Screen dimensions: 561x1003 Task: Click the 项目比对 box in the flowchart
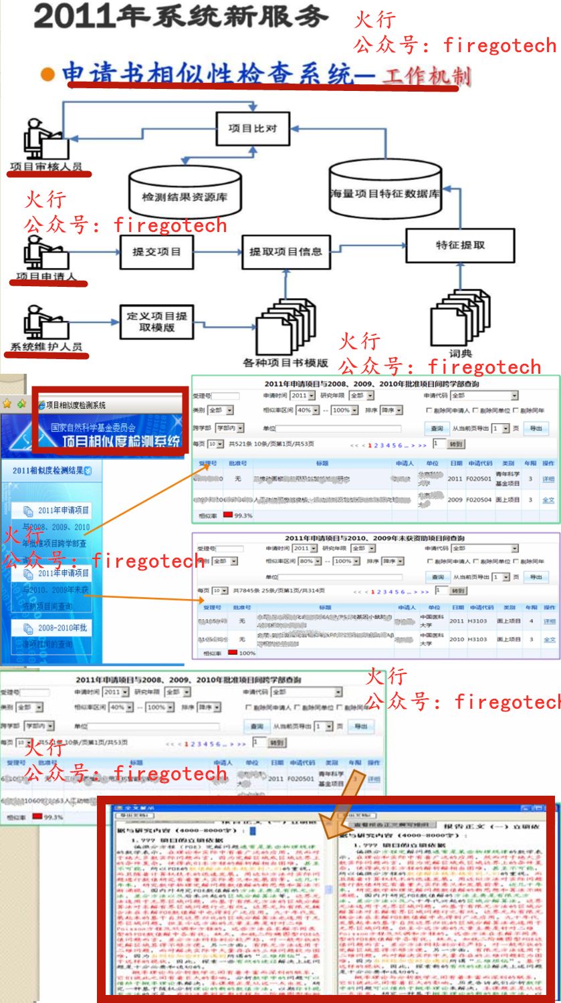click(253, 128)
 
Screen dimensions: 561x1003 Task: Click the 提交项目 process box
click(156, 251)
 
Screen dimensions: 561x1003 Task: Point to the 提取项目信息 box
click(286, 251)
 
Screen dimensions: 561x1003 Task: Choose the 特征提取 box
click(460, 245)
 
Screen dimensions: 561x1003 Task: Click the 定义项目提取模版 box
click(156, 322)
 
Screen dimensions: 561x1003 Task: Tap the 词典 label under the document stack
click(460, 354)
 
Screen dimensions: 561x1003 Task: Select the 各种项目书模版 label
click(286, 362)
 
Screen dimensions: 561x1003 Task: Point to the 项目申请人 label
click(46, 276)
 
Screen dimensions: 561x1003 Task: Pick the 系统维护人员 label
click(46, 346)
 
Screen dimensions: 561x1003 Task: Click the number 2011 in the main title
click(72, 16)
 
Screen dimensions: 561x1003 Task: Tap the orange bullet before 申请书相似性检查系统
click(47, 74)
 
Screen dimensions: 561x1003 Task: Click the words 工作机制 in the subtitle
click(427, 75)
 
